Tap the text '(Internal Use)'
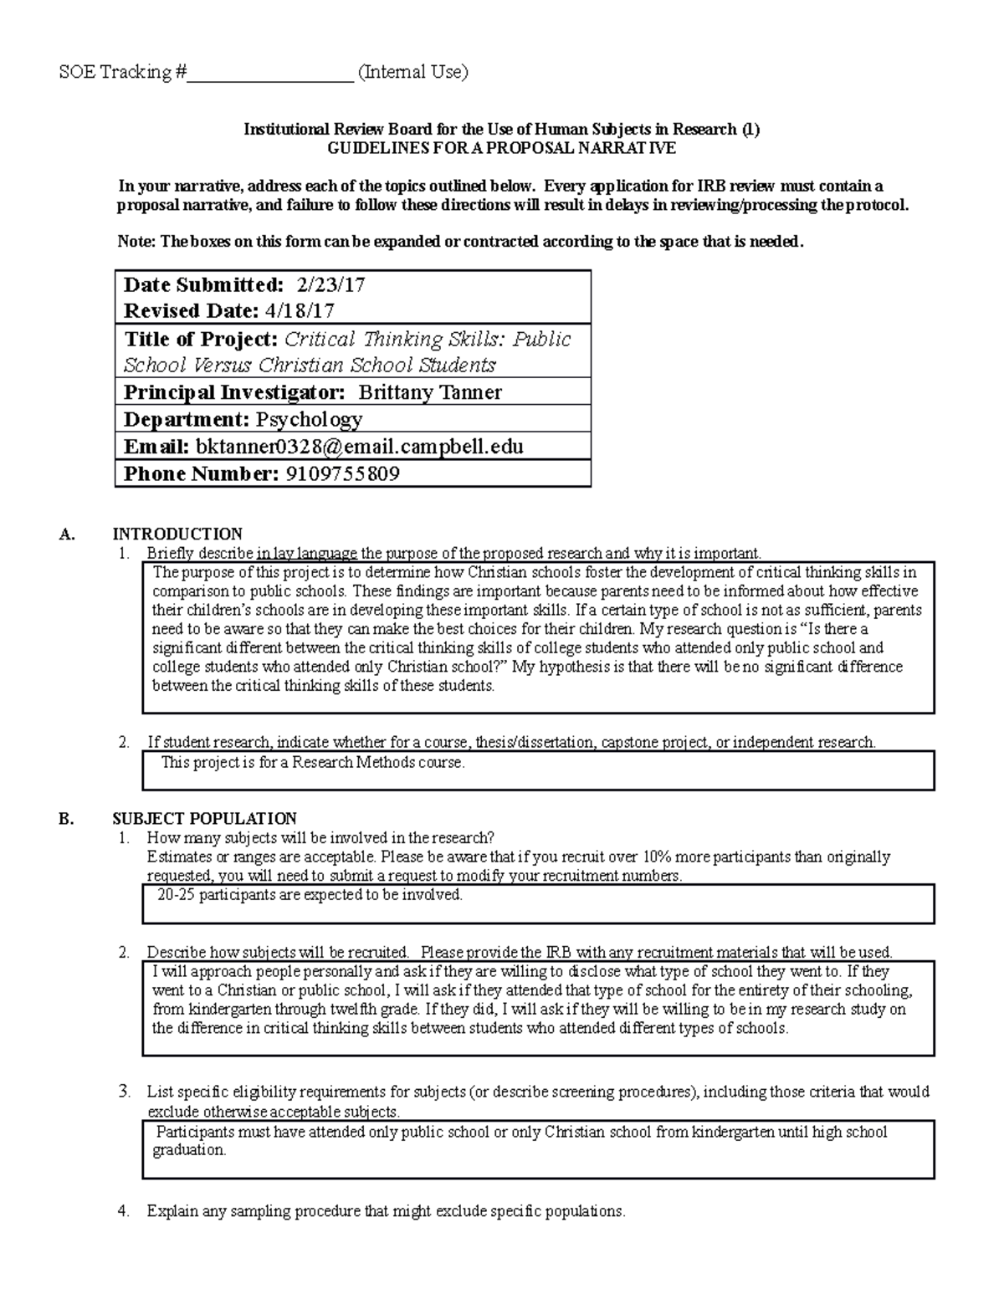tap(412, 72)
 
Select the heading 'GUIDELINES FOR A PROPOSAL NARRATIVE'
tap(501, 148)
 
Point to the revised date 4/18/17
tap(300, 311)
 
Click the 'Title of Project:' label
tap(201, 339)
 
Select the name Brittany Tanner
tap(429, 392)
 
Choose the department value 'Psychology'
tap(309, 419)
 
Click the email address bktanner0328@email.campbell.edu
tap(359, 447)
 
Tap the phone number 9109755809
tap(342, 474)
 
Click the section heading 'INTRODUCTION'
tap(177, 534)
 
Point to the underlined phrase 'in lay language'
tap(307, 553)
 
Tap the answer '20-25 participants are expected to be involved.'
tap(310, 895)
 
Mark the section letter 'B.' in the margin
tap(67, 818)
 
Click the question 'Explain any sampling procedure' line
tap(386, 1210)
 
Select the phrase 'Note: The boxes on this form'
tap(226, 242)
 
